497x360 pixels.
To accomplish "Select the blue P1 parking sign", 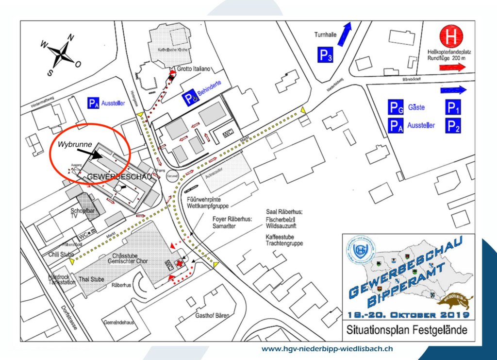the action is tap(453, 107).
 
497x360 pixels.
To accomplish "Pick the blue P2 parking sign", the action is tap(453, 126).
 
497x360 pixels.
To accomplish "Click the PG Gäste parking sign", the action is tap(396, 107).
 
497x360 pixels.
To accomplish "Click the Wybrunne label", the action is tap(75, 145).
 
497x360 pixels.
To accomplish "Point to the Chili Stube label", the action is tap(61, 254).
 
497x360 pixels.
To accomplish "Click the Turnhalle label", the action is tap(324, 35).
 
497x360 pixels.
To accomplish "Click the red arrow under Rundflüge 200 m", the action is tap(452, 69).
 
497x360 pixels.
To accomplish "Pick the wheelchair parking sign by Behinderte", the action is tap(190, 99).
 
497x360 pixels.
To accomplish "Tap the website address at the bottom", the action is tap(327, 349).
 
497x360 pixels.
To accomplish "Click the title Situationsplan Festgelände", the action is tap(407, 330).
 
